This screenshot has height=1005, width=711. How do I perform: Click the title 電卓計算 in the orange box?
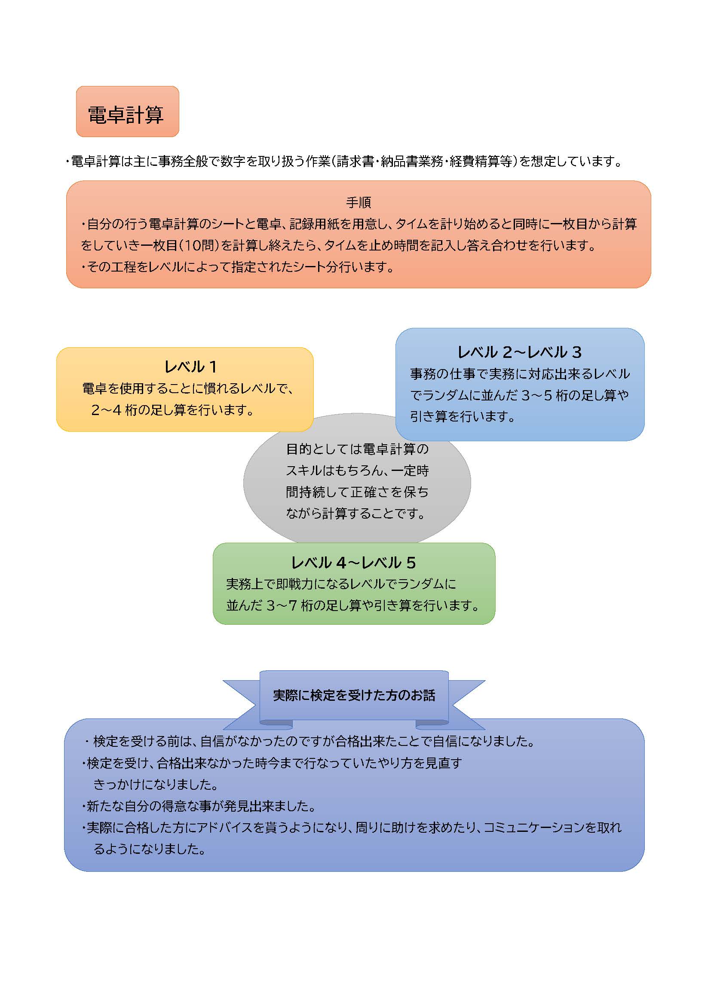coord(126,115)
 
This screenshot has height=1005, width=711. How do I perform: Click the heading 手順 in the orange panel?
coord(358,202)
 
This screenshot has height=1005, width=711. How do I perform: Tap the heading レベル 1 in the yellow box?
coord(190,367)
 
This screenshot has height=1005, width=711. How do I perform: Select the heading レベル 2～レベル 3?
coord(519,352)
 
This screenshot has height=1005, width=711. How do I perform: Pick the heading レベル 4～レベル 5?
coord(353,562)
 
